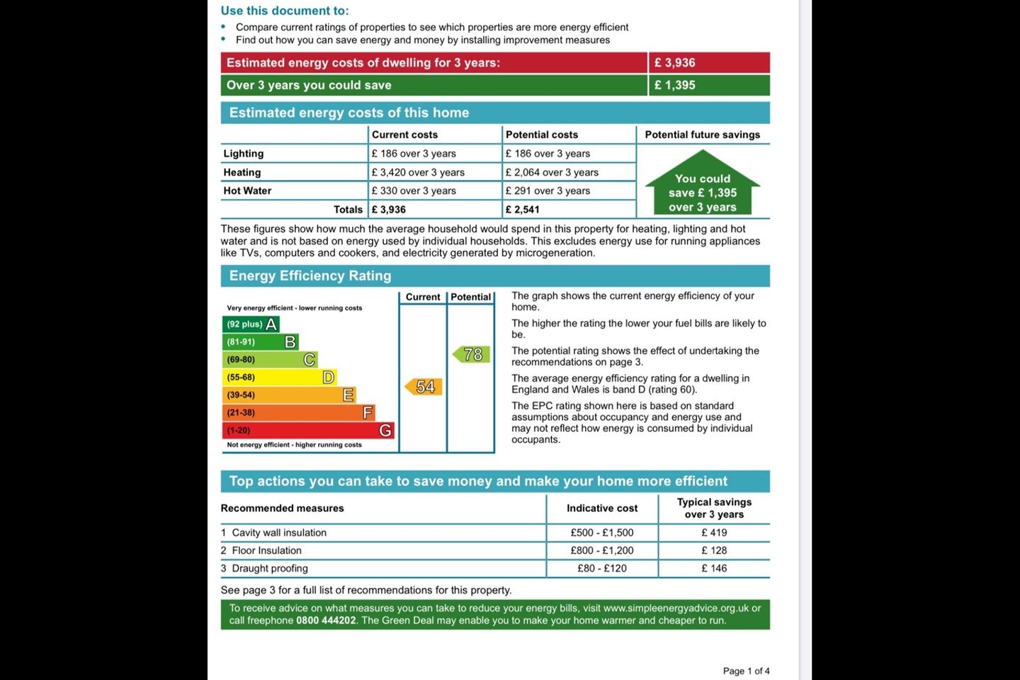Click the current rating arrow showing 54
pos(424,387)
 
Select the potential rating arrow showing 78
pos(472,354)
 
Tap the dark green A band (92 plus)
pos(251,324)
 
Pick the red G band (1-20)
pos(307,431)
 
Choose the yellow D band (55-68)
pos(279,378)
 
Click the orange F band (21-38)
pos(298,413)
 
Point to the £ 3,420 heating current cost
pos(418,172)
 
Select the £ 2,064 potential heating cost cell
pos(552,172)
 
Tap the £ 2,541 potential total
pos(523,210)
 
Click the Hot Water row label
pos(247,191)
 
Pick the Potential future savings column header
pos(702,135)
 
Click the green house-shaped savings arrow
pos(703,186)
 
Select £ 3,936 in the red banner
pos(674,62)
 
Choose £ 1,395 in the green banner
pos(674,85)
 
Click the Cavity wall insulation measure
pos(279,533)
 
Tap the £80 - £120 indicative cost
pos(602,568)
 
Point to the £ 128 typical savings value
pos(714,550)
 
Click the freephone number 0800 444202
pos(326,620)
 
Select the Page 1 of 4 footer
pos(746,671)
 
